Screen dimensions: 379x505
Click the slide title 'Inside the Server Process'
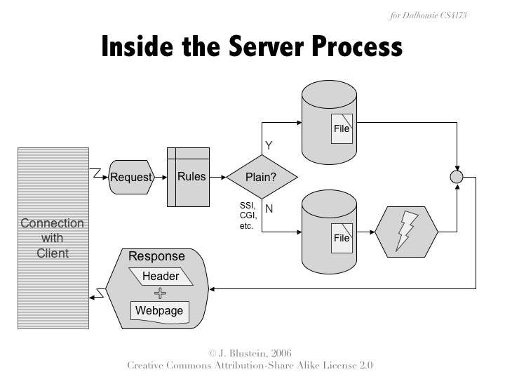click(252, 47)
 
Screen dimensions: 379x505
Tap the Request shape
click(131, 177)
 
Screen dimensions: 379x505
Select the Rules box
click(189, 177)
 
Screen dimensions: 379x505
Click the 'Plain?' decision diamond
click(261, 177)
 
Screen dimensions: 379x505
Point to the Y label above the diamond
click(268, 145)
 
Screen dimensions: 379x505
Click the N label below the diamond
click(269, 208)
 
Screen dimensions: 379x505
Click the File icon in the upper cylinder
click(342, 128)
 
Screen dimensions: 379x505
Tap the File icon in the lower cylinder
click(342, 238)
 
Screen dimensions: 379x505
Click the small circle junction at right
click(457, 177)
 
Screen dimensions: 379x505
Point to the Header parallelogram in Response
click(161, 277)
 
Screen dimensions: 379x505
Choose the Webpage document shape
click(159, 311)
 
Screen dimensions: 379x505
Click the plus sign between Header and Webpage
click(160, 293)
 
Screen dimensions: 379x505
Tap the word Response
click(156, 257)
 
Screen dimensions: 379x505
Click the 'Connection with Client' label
click(53, 237)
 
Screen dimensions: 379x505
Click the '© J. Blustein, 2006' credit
click(250, 352)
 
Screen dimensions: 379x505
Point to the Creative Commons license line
click(250, 365)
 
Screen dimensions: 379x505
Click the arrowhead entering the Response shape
click(214, 288)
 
